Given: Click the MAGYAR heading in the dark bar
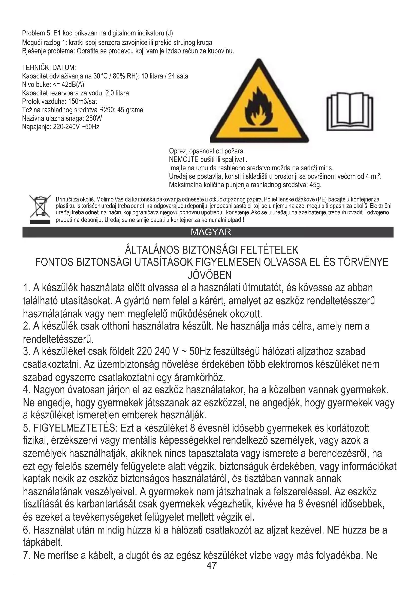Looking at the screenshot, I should pos(211,232).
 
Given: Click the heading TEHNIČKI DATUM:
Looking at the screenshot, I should pos(49,68).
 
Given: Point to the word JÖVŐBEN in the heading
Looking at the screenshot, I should pos(210,275).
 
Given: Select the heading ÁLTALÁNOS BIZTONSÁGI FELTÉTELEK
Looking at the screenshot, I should pos(211,250).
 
